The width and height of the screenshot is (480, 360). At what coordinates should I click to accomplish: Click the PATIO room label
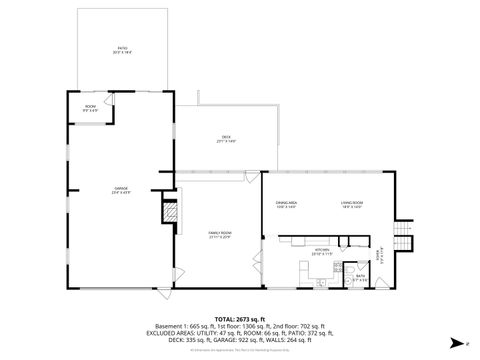[123, 49]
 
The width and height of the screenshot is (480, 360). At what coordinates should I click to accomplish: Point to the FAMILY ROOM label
[219, 234]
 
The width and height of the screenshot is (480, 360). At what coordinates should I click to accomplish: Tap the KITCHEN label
[322, 252]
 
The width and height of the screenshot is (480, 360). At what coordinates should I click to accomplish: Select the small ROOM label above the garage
[90, 106]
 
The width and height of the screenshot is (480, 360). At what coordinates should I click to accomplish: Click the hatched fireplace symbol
[170, 212]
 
